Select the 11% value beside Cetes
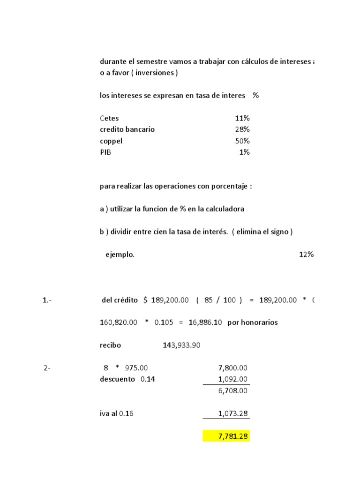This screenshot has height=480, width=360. (242, 118)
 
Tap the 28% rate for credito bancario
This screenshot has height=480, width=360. (242, 129)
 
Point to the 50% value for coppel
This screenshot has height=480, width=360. (242, 141)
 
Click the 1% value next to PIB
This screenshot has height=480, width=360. (244, 152)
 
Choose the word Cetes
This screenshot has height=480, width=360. (109, 118)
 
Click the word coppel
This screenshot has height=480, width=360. (111, 141)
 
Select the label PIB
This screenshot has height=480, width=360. (106, 152)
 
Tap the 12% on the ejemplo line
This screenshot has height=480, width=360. (306, 255)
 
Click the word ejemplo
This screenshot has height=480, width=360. (120, 255)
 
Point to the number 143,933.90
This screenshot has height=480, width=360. (181, 345)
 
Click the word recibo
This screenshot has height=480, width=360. (110, 345)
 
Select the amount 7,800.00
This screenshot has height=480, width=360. (233, 368)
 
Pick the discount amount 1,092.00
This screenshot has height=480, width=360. (233, 379)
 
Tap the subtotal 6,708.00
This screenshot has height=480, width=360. (233, 391)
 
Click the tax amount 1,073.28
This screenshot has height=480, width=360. (233, 414)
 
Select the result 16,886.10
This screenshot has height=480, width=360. (205, 322)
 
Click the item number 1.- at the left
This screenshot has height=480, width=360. (47, 300)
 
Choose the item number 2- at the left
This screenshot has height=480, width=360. (47, 368)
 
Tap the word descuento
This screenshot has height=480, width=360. (118, 379)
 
